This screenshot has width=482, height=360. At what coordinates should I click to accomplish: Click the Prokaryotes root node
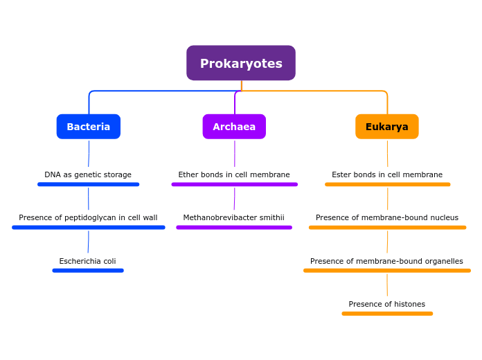pos(241,63)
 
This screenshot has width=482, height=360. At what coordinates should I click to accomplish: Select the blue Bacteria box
pos(89,127)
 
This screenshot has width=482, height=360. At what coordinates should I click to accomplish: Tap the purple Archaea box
pos(234,127)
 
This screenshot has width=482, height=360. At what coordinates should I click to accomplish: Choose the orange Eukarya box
pos(387,127)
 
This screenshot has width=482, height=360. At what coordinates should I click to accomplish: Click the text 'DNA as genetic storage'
pos(88,174)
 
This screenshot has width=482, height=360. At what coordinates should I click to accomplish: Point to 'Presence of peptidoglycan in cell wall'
pos(88,217)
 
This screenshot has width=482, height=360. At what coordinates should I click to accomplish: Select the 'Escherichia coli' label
pos(88,261)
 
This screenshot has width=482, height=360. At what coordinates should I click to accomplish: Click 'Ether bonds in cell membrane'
pos(234,174)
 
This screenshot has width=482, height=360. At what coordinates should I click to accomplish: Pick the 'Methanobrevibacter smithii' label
pos(234,217)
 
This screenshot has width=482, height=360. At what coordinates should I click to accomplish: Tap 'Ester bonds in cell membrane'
pos(387,174)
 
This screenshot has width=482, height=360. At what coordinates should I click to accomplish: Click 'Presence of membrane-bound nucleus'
pos(387,217)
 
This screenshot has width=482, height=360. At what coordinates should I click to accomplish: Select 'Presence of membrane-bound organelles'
pos(387,261)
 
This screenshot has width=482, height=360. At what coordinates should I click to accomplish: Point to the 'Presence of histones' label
pos(387,304)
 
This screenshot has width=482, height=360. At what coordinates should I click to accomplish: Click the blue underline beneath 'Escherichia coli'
pos(88,271)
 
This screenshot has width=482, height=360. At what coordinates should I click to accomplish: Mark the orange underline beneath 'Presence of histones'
pos(387,314)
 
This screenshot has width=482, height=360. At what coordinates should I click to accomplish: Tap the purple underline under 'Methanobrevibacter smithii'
pos(234,227)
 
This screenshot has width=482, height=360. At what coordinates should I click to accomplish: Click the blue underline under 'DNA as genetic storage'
pos(88,184)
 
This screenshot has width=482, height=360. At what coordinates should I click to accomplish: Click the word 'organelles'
pos(441,261)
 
